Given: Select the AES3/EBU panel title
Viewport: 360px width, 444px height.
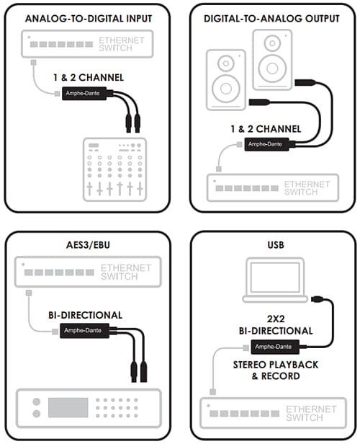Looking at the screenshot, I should coord(89,244).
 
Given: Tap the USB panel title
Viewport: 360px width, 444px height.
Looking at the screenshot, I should coord(274,245).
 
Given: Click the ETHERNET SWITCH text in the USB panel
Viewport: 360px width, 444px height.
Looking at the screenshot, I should coord(310,414).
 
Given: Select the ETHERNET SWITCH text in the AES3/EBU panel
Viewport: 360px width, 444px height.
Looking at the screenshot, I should coord(126,272).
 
